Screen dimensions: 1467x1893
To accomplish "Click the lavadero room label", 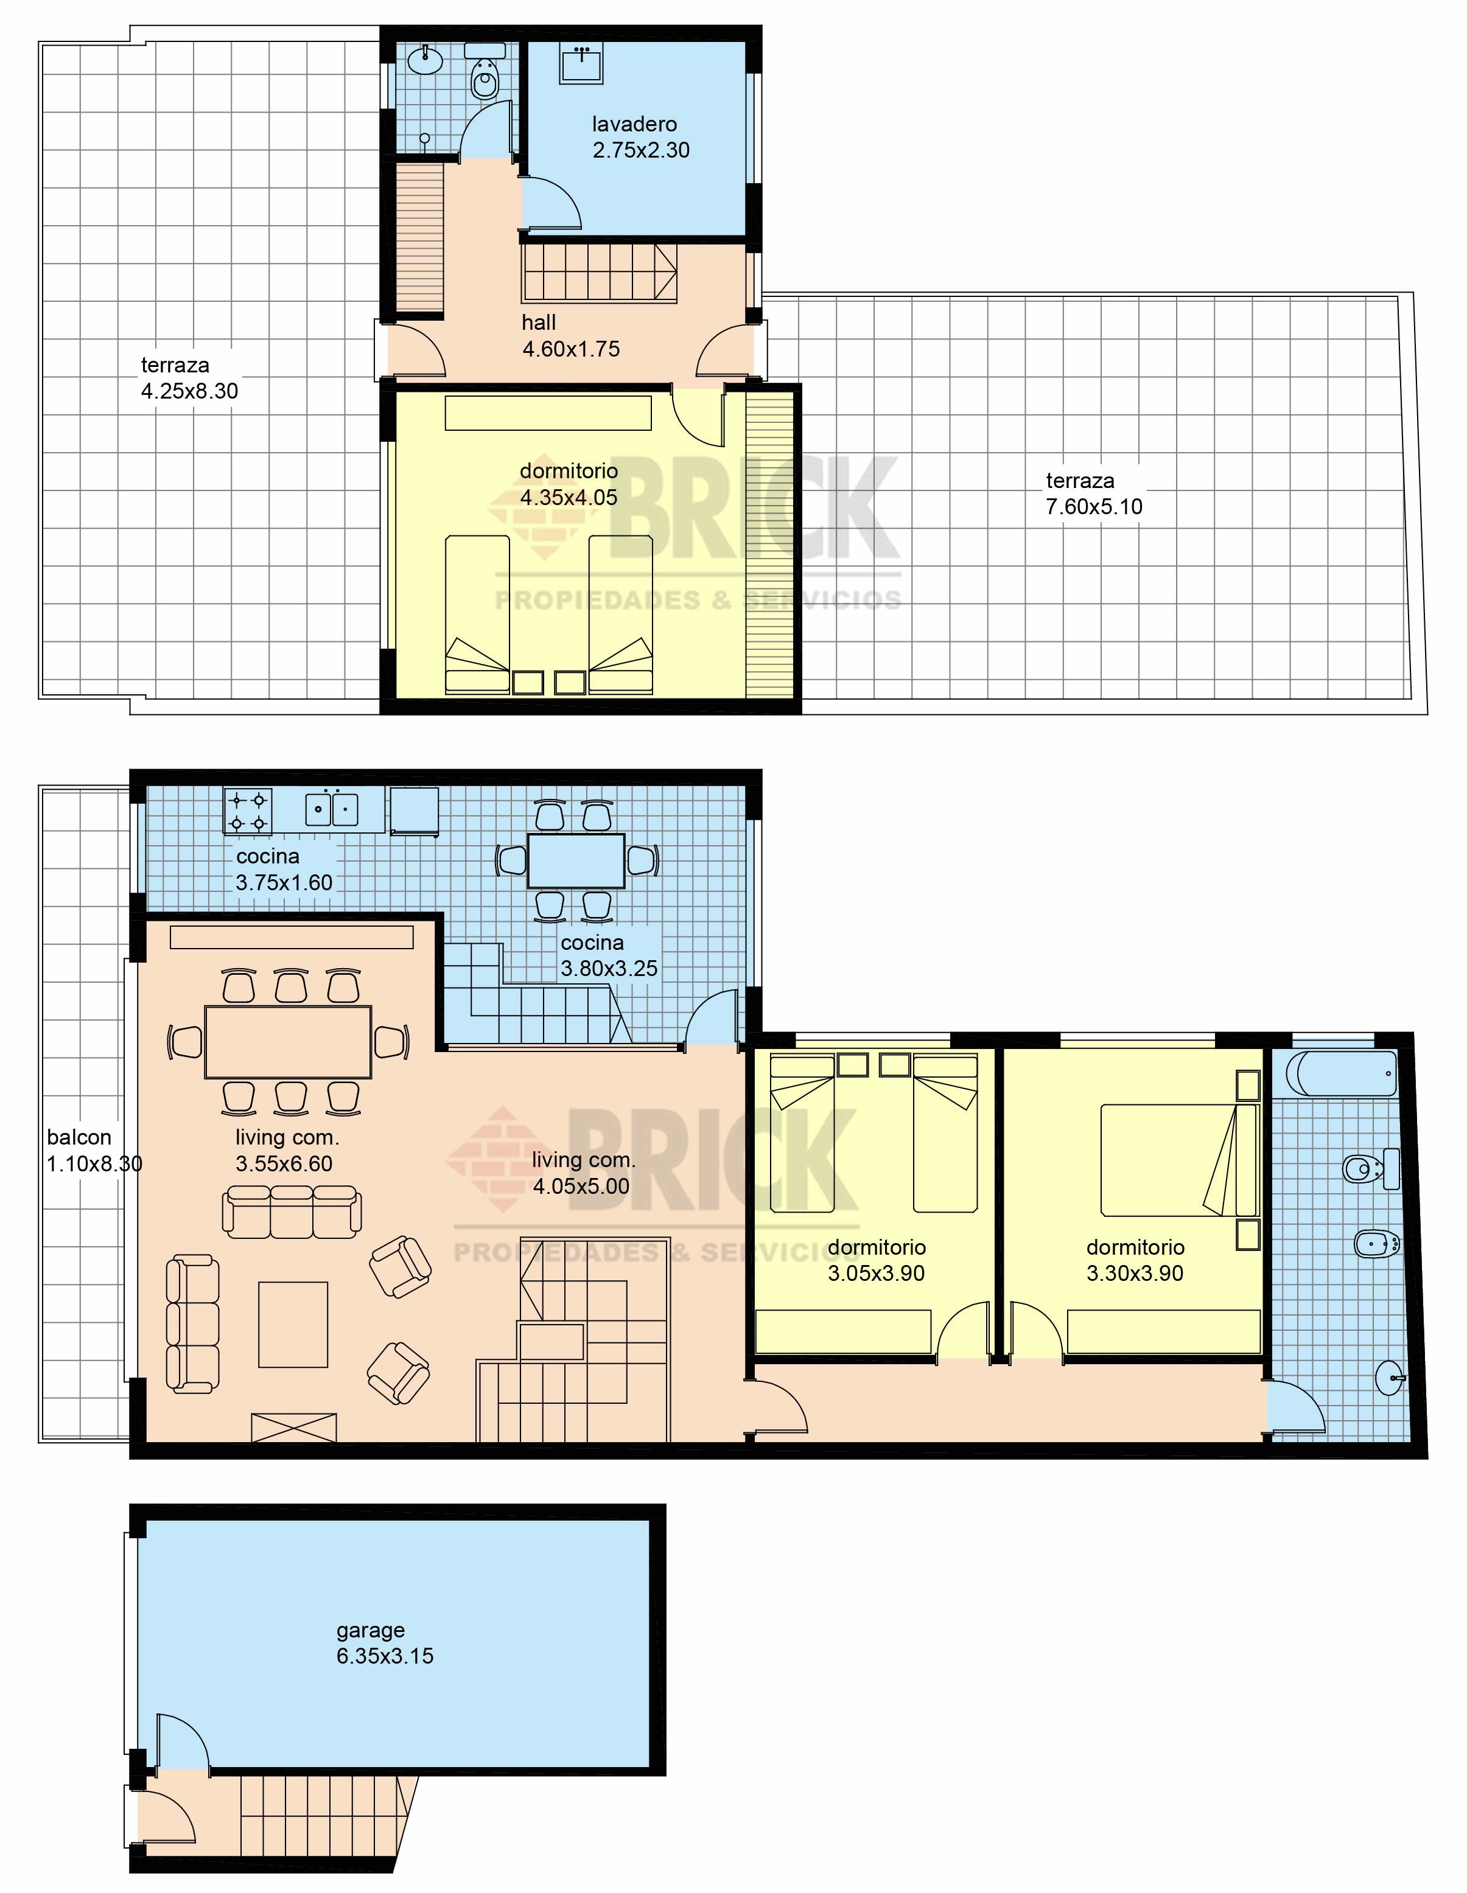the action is [x=635, y=125].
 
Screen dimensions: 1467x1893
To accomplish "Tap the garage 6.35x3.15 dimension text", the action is [x=385, y=1656].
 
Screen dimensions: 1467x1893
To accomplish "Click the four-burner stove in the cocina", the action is [x=248, y=811].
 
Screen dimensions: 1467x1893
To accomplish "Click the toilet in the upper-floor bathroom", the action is [x=485, y=75].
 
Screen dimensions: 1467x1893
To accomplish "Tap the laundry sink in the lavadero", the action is [x=581, y=64].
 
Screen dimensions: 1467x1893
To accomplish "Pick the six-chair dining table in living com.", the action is [x=288, y=1042].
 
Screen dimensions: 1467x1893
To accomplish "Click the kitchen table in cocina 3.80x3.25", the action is [x=576, y=860].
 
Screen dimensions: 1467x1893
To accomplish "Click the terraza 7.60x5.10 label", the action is [x=1094, y=494].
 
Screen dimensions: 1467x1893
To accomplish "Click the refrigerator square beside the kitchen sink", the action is [x=415, y=811].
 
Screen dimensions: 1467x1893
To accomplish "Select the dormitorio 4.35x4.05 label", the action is [x=569, y=484].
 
